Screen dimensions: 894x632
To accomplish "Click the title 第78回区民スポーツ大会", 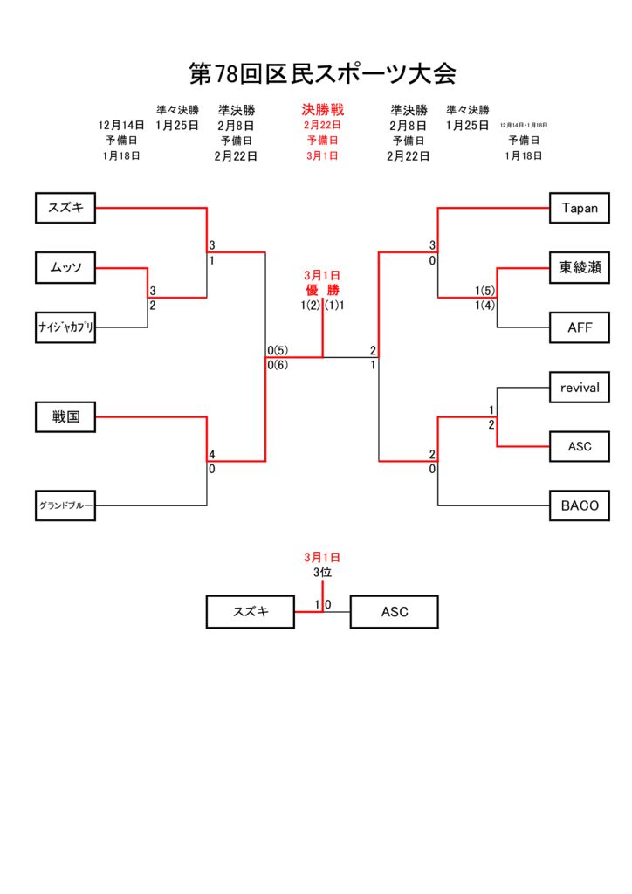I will tap(323, 73).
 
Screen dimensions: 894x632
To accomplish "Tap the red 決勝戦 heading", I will tap(323, 110).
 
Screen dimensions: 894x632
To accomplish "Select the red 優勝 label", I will tap(322, 290).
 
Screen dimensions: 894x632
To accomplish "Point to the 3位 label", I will tap(323, 573).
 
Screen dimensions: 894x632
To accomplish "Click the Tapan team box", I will tap(580, 208).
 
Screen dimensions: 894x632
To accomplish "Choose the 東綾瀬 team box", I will tap(580, 268).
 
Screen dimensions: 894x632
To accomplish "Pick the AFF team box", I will tap(580, 327).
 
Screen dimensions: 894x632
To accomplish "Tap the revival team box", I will tap(580, 387).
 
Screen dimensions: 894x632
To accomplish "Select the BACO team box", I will tap(580, 505).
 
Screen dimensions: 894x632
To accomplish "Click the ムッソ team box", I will tap(65, 268).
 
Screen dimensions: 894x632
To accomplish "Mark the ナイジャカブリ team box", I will tap(65, 327).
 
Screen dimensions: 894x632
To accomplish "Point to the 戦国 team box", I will tap(65, 417).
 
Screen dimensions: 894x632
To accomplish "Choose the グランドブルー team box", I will tap(65, 505).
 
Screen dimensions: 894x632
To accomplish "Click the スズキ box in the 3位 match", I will tap(251, 612).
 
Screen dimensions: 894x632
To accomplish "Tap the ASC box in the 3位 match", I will tap(394, 612).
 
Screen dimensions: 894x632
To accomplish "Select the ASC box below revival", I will tap(580, 446).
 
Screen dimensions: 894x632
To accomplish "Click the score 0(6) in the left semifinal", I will tap(278, 365).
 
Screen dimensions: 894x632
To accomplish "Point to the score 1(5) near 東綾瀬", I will tap(485, 291).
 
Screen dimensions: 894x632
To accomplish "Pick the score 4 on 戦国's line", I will tap(211, 454).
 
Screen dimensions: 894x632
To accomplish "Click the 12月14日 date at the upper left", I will tap(121, 126).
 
